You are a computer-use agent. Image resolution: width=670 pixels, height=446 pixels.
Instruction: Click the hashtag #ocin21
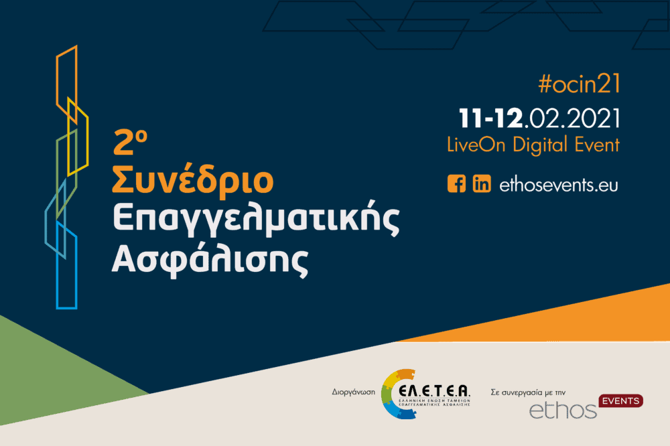tap(579, 83)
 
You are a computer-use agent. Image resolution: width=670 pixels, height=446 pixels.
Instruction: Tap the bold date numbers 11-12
tap(490, 119)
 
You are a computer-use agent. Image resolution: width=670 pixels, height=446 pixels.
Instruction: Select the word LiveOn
tap(476, 145)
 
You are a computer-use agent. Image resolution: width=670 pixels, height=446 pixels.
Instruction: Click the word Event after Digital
tap(597, 145)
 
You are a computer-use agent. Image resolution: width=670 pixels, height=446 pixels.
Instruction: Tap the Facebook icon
tap(456, 183)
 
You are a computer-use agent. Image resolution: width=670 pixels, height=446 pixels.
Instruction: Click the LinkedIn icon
tap(482, 183)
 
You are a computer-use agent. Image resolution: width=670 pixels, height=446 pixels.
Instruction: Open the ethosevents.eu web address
tap(559, 185)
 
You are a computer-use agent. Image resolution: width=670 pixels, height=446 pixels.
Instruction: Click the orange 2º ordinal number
tap(130, 142)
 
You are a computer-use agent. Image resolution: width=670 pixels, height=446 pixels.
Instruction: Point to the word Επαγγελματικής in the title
tap(255, 220)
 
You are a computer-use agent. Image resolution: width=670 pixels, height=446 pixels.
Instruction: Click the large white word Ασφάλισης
tap(210, 258)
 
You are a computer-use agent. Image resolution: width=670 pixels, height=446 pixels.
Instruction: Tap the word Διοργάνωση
tap(353, 392)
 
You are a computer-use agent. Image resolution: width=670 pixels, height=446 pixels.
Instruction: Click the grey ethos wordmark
tap(563, 411)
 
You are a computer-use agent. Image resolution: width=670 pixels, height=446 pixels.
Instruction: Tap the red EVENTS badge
tap(621, 400)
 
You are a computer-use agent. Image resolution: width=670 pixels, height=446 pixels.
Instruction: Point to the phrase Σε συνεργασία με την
tap(528, 392)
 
